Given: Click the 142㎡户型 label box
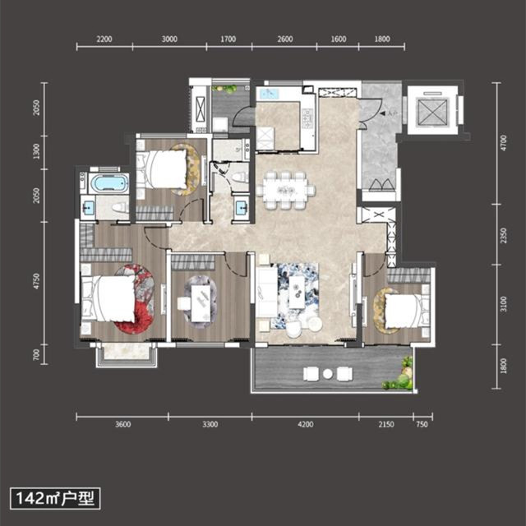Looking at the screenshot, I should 54,498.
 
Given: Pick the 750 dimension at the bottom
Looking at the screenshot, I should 422,425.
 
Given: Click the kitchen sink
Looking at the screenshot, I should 270,95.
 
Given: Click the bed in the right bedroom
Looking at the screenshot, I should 404,311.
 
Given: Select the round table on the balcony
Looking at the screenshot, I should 327,374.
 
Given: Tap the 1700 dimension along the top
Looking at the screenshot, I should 228,39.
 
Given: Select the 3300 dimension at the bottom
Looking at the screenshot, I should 210,425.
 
